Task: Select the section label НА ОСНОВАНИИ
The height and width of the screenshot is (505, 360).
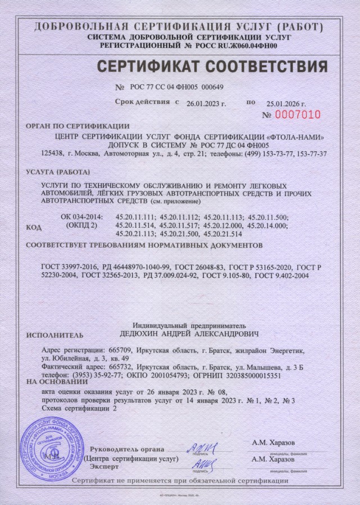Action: pos(53,381)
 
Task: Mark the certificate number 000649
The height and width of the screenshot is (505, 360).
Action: pos(212,87)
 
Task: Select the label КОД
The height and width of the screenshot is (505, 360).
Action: pos(34,227)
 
